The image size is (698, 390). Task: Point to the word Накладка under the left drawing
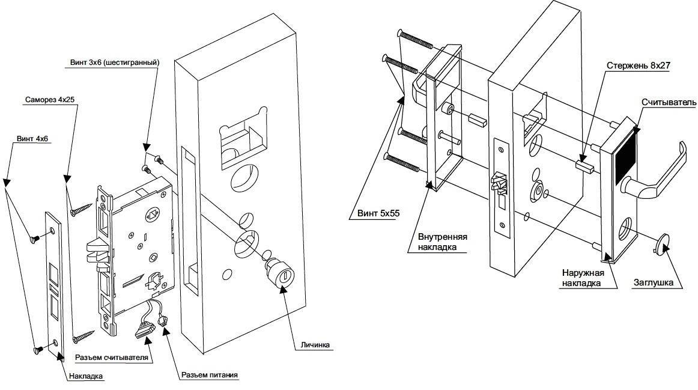86,377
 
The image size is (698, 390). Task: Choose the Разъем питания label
210,375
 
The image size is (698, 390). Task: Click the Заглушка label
654,282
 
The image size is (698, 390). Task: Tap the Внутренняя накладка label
442,240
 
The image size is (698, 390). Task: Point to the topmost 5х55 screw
415,39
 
